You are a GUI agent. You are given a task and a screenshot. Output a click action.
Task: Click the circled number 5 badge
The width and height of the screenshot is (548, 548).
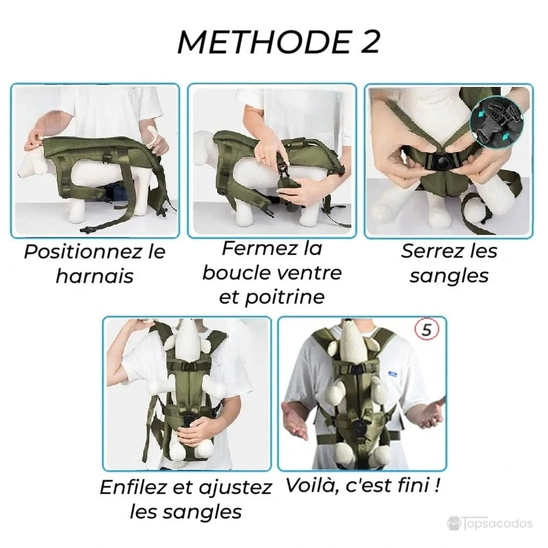pos(427,330)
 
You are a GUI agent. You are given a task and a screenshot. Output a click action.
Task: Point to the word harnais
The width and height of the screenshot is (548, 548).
pos(95,277)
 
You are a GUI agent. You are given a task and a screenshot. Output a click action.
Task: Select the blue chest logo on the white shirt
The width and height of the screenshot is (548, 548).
pos(393,374)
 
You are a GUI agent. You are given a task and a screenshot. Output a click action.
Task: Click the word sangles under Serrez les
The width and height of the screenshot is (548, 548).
pos(449,275)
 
